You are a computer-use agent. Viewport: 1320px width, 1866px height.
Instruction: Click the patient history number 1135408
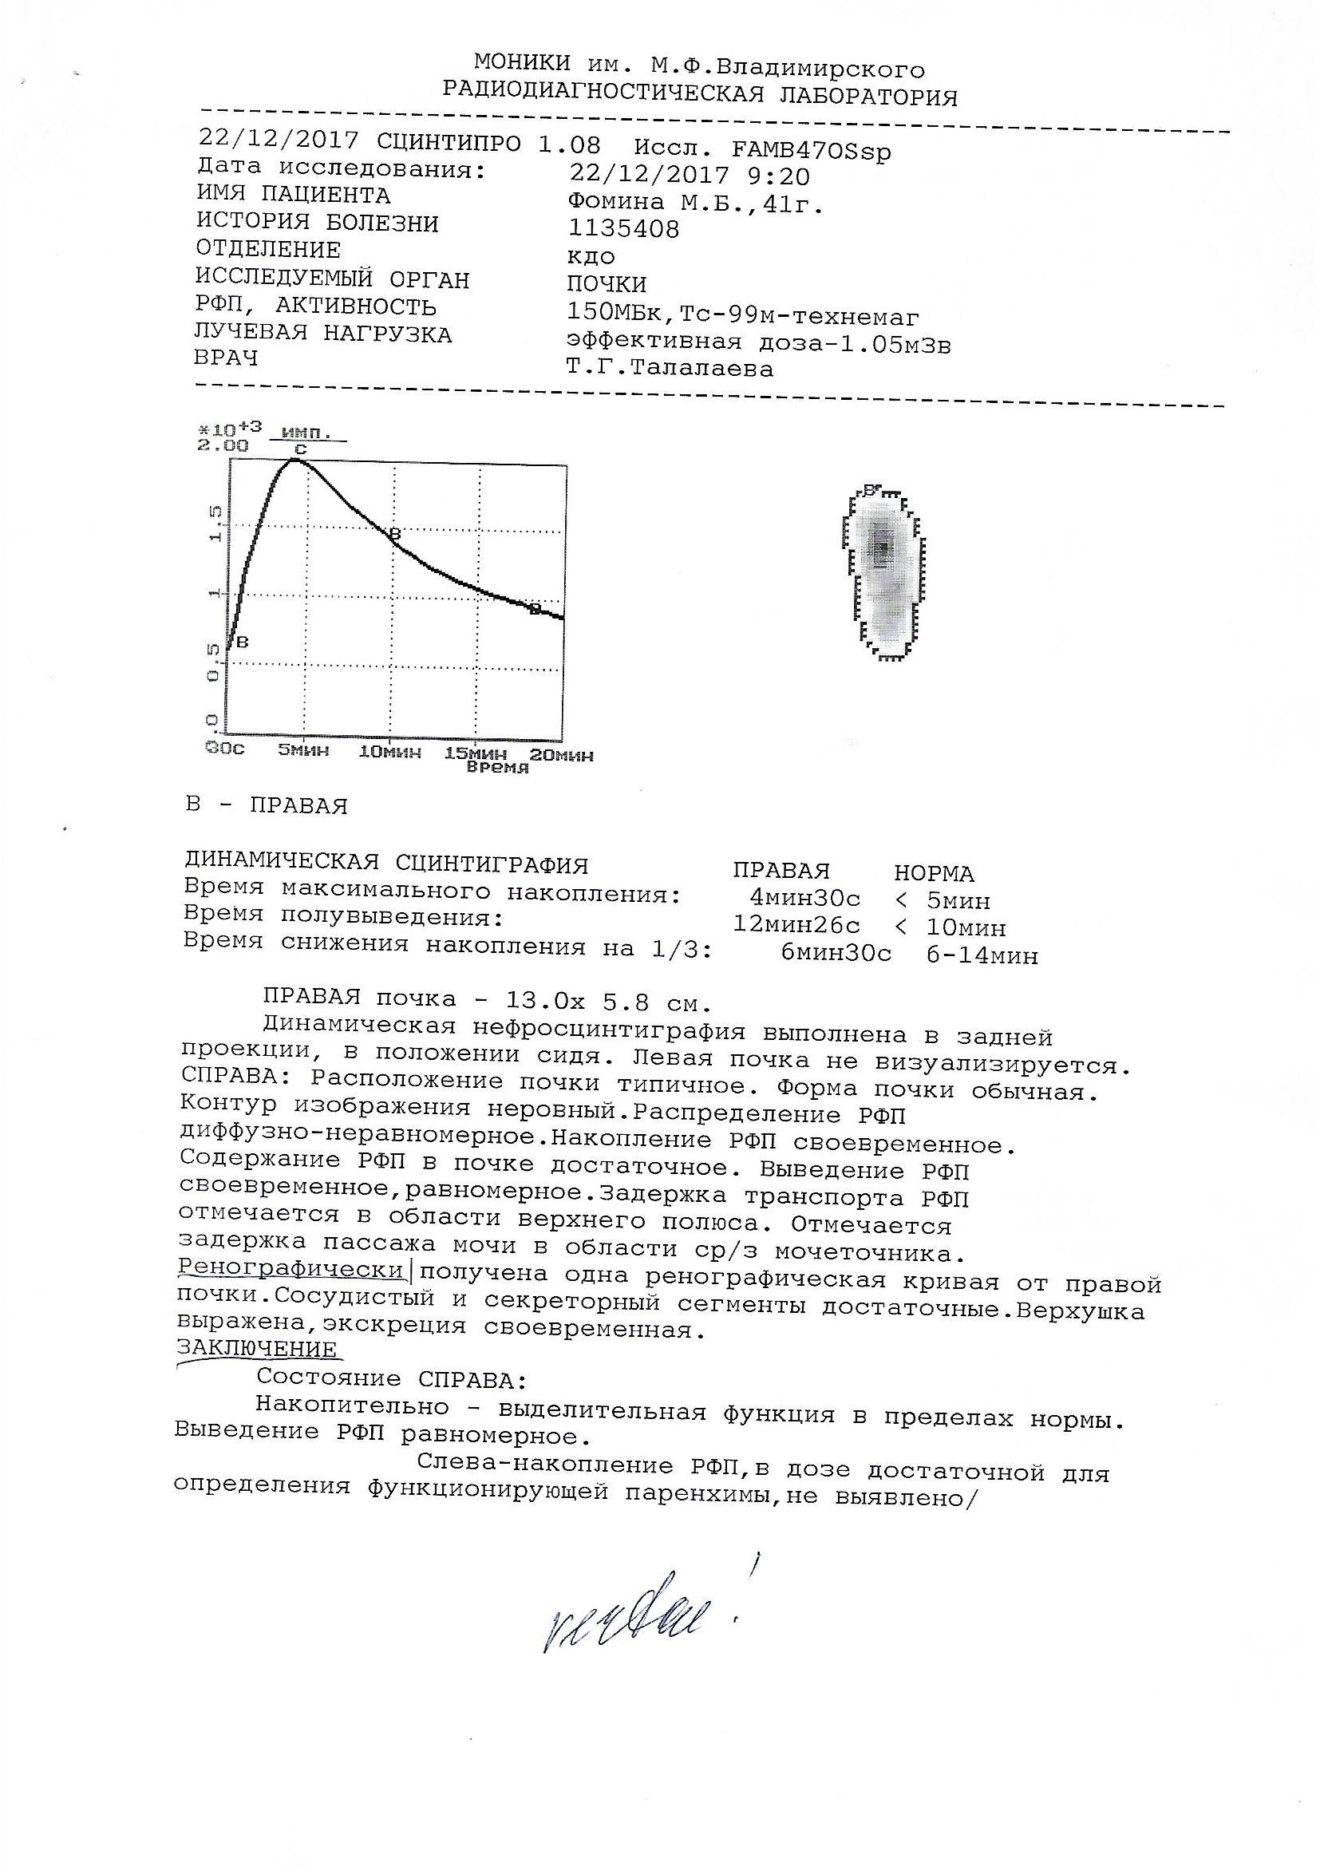(623, 229)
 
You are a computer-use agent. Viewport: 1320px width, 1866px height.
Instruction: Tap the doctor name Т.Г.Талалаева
(670, 369)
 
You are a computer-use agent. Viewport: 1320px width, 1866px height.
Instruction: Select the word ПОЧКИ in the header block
(607, 284)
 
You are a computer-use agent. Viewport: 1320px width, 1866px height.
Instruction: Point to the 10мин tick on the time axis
(390, 753)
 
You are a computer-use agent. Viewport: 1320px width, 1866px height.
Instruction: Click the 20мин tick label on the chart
(561, 755)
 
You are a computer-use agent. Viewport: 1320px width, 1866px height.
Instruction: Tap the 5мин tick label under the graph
(303, 751)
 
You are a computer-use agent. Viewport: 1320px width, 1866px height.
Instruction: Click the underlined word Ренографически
(290, 1270)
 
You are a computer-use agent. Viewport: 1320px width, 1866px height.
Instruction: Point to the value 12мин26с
(796, 925)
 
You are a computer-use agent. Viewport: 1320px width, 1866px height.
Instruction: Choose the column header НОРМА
(934, 874)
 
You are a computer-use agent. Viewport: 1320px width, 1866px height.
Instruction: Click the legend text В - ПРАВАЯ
(267, 806)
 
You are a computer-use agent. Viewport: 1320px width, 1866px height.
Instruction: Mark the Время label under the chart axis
(497, 767)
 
